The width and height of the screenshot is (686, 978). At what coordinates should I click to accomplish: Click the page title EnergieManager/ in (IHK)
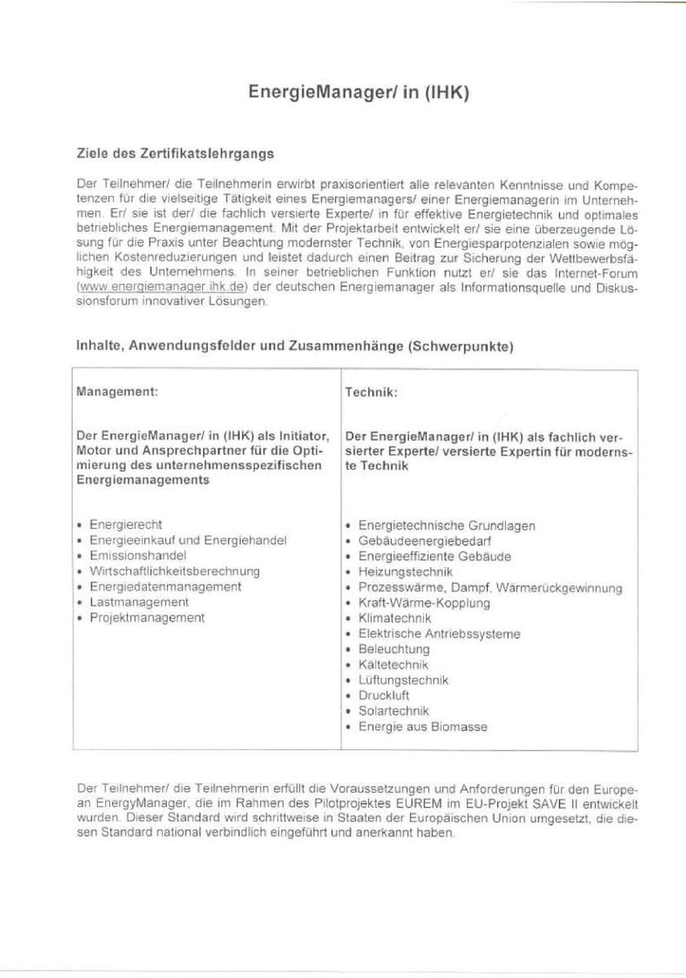pyautogui.click(x=358, y=93)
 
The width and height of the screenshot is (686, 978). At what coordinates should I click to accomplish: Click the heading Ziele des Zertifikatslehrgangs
pyautogui.click(x=174, y=152)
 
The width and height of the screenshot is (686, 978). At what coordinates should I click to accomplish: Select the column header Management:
pyautogui.click(x=117, y=391)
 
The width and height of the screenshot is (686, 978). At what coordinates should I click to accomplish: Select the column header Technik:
pyautogui.click(x=371, y=392)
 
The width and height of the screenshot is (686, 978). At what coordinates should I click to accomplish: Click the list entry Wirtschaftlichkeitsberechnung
pyautogui.click(x=174, y=571)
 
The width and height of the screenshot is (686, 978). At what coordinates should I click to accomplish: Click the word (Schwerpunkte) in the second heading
pyautogui.click(x=461, y=346)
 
